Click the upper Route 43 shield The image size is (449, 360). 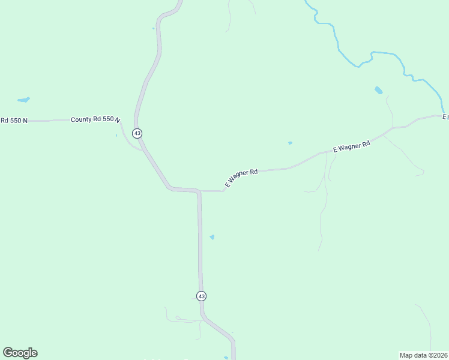137,133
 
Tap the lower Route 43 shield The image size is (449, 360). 201,296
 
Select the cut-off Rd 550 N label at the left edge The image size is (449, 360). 14,121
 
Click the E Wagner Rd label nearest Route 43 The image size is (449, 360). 241,177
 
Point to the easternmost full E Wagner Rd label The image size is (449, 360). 351,146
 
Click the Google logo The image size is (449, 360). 20,353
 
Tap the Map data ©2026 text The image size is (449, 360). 423,355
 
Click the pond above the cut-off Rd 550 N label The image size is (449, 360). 23,100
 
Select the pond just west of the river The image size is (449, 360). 378,91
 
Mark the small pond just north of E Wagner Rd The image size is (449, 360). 290,143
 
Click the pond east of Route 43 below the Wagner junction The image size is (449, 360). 212,237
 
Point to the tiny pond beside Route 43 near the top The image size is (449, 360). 154,28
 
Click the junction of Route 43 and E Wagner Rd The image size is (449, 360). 200,191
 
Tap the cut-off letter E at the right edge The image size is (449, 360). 445,116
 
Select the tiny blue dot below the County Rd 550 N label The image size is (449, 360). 116,136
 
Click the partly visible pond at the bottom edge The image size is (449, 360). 226,358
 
